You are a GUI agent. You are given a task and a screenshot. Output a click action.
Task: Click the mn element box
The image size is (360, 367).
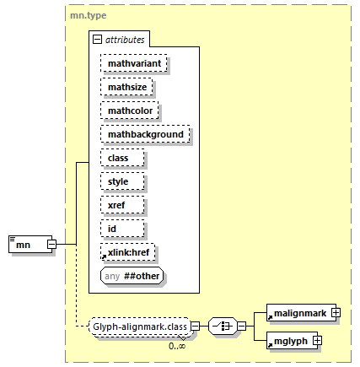(30, 244)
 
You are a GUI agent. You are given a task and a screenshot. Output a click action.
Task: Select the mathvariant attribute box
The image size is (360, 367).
(134, 63)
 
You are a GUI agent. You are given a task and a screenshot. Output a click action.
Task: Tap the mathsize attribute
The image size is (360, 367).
(126, 87)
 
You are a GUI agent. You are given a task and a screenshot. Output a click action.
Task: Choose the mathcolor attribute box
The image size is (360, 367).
(130, 111)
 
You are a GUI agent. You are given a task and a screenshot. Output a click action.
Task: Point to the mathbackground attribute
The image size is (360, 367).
(145, 134)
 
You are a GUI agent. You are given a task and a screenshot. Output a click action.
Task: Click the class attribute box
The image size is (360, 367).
(122, 158)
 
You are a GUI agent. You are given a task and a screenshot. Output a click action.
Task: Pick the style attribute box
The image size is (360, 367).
(122, 181)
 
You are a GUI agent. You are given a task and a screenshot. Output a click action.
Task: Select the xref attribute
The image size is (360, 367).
(122, 205)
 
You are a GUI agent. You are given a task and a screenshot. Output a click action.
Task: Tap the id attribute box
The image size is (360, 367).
(122, 229)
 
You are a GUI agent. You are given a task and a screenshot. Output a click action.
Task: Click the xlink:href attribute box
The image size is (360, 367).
(127, 252)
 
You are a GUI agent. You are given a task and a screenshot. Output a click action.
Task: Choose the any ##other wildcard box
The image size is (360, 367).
(132, 276)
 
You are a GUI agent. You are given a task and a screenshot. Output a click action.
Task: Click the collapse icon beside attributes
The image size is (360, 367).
(97, 40)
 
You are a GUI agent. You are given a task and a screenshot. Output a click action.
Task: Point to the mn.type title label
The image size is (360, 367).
(89, 15)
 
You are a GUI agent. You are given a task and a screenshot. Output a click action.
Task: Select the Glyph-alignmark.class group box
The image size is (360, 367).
(140, 327)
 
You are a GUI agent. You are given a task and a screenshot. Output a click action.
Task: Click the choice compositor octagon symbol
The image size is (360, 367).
(223, 327)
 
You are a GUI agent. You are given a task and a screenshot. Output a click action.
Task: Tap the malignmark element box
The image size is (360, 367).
(301, 313)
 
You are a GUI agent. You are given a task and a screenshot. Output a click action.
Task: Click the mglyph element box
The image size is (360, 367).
(292, 341)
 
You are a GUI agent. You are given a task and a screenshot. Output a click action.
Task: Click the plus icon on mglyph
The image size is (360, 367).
(318, 341)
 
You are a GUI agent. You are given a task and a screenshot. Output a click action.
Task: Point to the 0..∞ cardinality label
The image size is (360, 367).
(177, 346)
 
